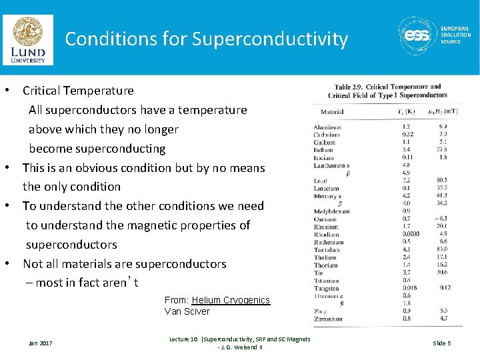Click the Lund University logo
click(x=28, y=40)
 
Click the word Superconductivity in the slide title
click(x=270, y=39)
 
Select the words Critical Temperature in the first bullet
click(x=78, y=91)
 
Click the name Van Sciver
click(x=187, y=311)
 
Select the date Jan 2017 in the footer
click(x=40, y=343)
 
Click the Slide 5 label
click(x=442, y=343)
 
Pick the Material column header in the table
click(x=332, y=112)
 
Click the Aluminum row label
click(x=327, y=127)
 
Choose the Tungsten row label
click(x=327, y=288)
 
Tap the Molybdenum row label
click(x=331, y=211)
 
